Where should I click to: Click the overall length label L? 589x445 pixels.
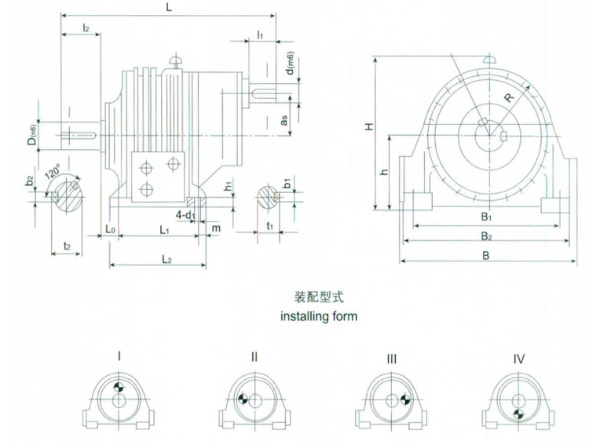[x=170, y=7]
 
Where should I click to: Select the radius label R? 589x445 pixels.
[x=509, y=99]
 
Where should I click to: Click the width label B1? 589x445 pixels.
[x=486, y=216]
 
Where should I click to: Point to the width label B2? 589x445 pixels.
[x=486, y=235]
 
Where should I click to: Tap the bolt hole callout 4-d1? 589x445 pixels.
[x=185, y=214]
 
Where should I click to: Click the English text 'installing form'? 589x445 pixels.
[x=319, y=317]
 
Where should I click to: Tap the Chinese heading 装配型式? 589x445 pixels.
[x=319, y=298]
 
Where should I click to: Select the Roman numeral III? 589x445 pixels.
[x=392, y=359]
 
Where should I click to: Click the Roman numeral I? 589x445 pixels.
[x=119, y=357]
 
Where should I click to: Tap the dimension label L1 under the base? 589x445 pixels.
[x=165, y=231]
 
